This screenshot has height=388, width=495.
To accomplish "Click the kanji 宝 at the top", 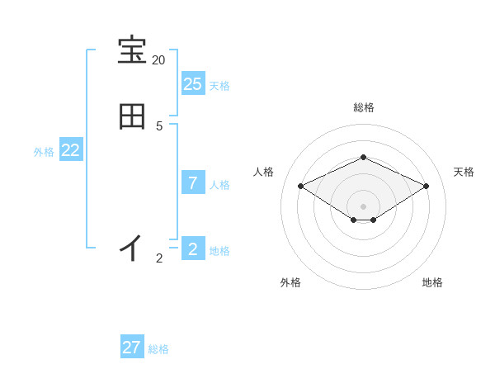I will coord(132,50).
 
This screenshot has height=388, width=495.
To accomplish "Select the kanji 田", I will coord(132,116).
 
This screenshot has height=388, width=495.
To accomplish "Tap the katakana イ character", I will coord(131,248).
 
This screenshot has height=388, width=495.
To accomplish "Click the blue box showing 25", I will coord(192,83).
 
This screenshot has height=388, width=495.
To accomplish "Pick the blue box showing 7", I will coord(192,182).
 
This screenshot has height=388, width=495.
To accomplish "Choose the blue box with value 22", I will coord(71,149).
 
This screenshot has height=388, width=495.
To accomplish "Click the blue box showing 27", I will coord(132,348).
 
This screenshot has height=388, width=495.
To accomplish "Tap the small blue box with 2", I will coord(192,248).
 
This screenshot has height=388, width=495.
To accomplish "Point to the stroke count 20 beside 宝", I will coord(158,60).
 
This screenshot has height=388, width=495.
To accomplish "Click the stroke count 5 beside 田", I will coord(159,126).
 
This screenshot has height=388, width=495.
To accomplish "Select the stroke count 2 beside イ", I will coord(159,258).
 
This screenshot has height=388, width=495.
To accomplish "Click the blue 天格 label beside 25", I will coord(219,86).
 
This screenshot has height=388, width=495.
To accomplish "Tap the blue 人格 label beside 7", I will coord(219,185).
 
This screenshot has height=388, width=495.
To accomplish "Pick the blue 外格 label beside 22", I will coord(44,152).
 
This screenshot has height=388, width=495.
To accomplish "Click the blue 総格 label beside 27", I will coord(158,350).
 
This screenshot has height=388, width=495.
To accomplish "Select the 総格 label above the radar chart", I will coord(363,107).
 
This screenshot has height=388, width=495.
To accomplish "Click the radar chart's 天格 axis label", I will coord(464,172).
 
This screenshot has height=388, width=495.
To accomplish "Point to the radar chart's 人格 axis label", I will coord(263,172).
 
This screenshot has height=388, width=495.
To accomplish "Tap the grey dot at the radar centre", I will coord(363,206).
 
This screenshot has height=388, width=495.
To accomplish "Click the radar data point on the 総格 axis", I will coord(363,157).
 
